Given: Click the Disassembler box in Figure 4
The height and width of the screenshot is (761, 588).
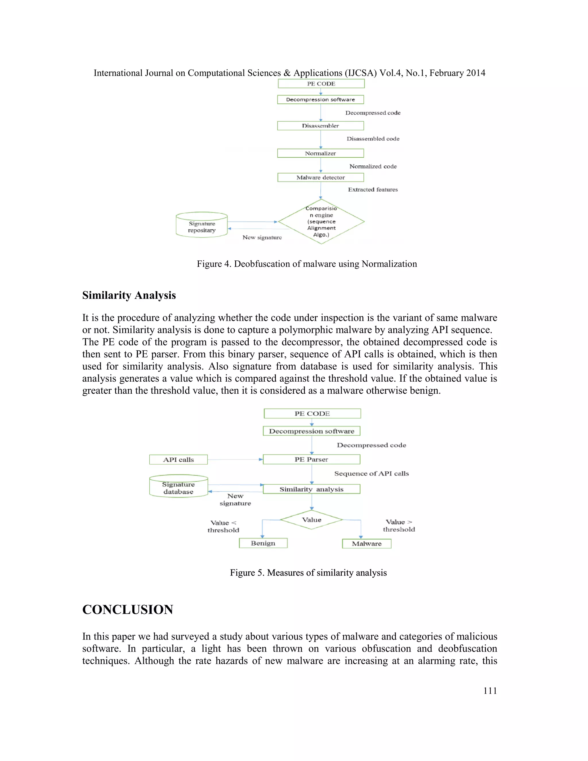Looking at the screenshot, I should pos(320,126).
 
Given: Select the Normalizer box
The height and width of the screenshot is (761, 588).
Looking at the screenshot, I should pos(320,153).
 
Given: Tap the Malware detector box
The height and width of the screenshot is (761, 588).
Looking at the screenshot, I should pos(320,177).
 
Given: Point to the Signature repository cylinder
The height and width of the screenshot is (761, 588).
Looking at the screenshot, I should pos(202,225).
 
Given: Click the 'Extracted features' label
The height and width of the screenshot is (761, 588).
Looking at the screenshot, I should pos(373,190).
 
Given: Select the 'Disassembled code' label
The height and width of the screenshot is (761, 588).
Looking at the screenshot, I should pos(373,139).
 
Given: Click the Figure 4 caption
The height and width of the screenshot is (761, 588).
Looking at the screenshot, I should pos(307,264).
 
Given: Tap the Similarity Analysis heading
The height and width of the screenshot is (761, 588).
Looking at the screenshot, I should pos(129,295).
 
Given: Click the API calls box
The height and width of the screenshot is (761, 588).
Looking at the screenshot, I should pos(178,459).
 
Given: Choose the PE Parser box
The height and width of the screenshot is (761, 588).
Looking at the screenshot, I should pos(312,459).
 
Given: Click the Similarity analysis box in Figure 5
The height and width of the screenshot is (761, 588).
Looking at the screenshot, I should pos(312,489).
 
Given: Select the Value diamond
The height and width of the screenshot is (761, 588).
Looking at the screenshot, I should pos(312,519).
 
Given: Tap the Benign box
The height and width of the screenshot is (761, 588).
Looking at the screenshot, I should pos(263,543).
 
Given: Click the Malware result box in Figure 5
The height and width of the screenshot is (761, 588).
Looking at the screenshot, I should pos(366,544).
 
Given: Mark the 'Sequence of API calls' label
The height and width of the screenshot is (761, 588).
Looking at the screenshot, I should pos(371,474).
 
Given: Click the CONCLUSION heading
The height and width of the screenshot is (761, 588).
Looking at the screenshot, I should pos(127,610).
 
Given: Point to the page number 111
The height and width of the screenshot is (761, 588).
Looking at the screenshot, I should pos(490,691).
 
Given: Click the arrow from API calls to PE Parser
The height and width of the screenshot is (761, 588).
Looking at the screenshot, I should pos(235,459).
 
